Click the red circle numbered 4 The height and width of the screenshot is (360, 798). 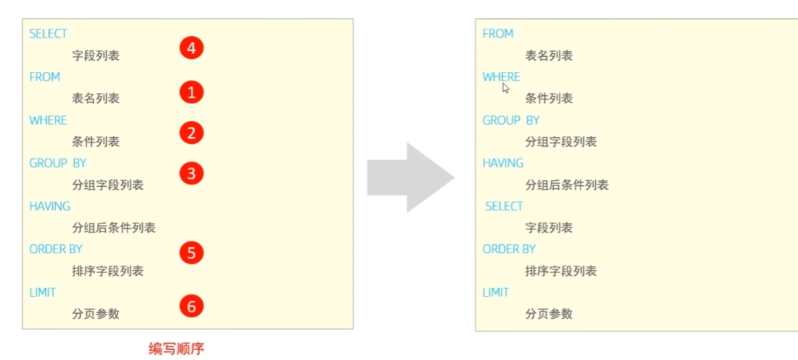pyautogui.click(x=191, y=49)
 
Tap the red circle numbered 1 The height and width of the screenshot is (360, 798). pyautogui.click(x=191, y=93)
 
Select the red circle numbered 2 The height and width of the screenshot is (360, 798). pyautogui.click(x=191, y=133)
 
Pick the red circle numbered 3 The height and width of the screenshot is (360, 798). pyautogui.click(x=191, y=174)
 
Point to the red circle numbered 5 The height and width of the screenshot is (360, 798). pyautogui.click(x=191, y=253)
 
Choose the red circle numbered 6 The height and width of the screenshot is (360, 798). pyautogui.click(x=191, y=306)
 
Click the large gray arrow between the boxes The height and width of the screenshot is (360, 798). pyautogui.click(x=410, y=178)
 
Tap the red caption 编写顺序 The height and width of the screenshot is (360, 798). pyautogui.click(x=176, y=349)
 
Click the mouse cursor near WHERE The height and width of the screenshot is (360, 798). pyautogui.click(x=505, y=88)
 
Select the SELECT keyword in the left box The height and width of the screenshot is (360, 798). pyautogui.click(x=48, y=33)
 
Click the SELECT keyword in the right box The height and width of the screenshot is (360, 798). pyautogui.click(x=505, y=206)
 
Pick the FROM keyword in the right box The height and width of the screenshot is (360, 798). pyautogui.click(x=498, y=33)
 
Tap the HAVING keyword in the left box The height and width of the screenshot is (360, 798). pyautogui.click(x=50, y=206)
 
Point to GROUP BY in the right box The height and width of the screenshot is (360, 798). pyautogui.click(x=511, y=120)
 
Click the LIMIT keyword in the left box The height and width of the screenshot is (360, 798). pyautogui.click(x=43, y=293)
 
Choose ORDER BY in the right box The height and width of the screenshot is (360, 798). pyautogui.click(x=509, y=249)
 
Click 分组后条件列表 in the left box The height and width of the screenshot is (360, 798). pyautogui.click(x=114, y=228)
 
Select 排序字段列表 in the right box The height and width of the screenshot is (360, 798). pyautogui.click(x=561, y=271)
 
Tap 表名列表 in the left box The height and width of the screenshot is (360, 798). pyautogui.click(x=96, y=98)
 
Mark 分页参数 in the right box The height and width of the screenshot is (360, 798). pyautogui.click(x=549, y=314)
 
